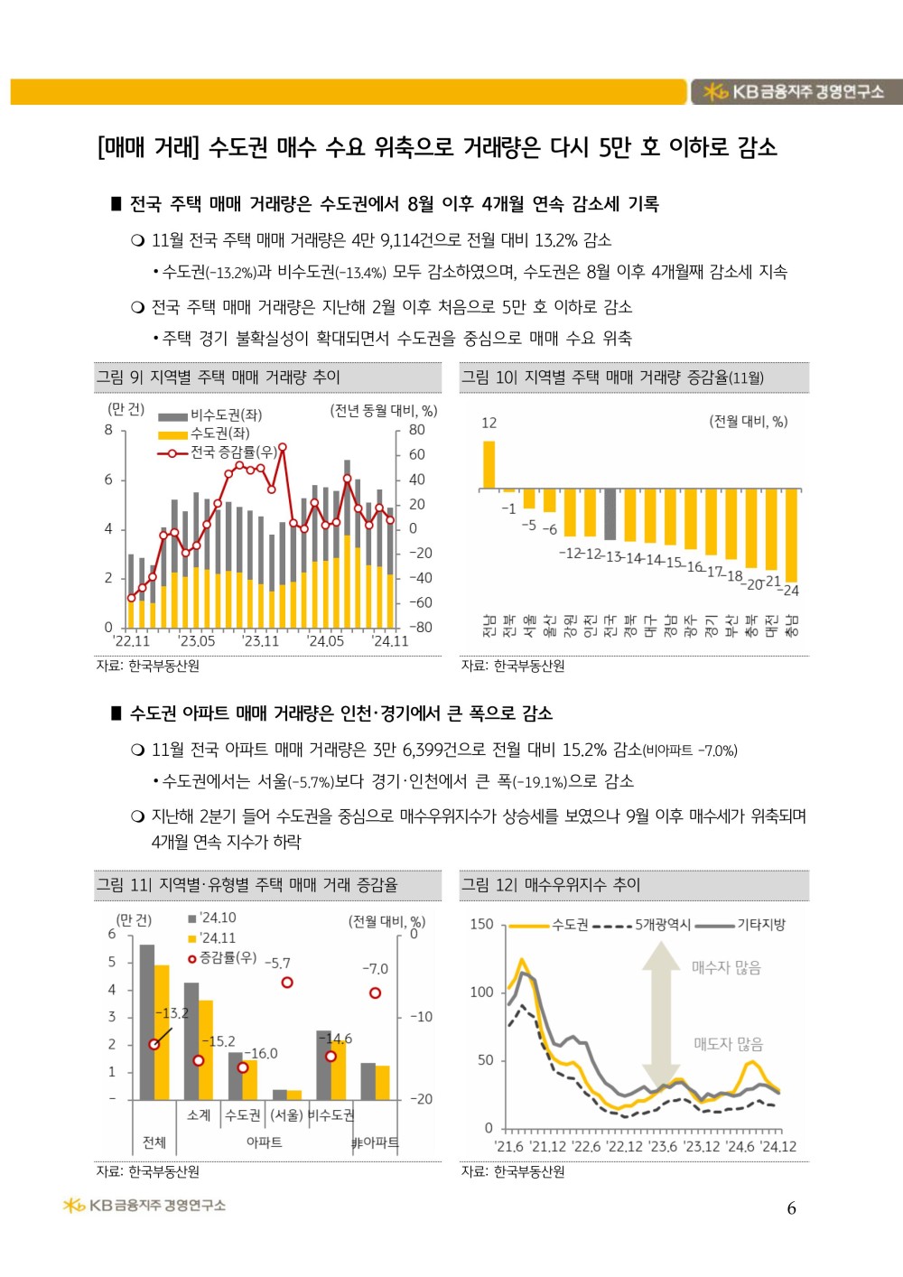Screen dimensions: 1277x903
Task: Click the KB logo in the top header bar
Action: pyautogui.click(x=715, y=91)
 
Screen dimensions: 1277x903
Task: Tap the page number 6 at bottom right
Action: pyautogui.click(x=791, y=1208)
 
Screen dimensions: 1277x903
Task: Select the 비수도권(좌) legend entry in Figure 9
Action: pyautogui.click(x=225, y=415)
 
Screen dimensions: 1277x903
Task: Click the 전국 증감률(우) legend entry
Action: pyautogui.click(x=232, y=452)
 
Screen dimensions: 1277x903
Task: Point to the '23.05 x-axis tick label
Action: pyautogui.click(x=196, y=640)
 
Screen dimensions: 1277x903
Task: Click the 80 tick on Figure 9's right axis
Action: pyautogui.click(x=416, y=430)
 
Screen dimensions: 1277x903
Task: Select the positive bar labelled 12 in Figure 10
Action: pyautogui.click(x=489, y=464)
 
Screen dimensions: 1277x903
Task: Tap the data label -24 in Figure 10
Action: pyautogui.click(x=791, y=591)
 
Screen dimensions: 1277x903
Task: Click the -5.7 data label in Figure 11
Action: pyautogui.click(x=277, y=963)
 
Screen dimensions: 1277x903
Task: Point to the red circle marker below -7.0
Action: pyautogui.click(x=375, y=993)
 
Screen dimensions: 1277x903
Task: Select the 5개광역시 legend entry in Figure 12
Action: pyautogui.click(x=662, y=925)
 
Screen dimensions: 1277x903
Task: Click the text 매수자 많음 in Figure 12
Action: pyautogui.click(x=726, y=967)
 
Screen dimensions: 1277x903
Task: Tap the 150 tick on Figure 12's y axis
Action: pyautogui.click(x=481, y=924)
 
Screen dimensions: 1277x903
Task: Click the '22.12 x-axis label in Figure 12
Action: pyautogui.click(x=624, y=1147)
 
